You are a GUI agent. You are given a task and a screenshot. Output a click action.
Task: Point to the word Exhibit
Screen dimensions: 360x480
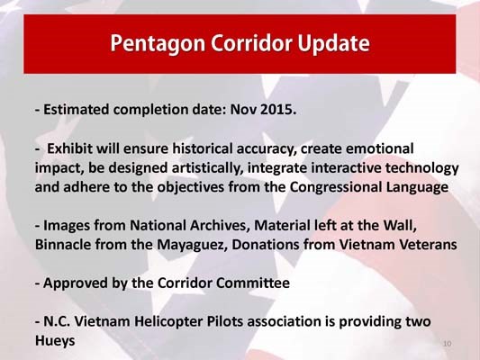(x=72, y=148)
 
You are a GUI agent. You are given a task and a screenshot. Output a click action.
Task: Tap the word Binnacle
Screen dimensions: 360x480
(x=64, y=245)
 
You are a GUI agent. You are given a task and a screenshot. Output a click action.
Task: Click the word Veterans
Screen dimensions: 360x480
(x=426, y=245)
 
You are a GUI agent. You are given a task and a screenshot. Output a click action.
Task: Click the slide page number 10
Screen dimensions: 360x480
(x=448, y=344)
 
